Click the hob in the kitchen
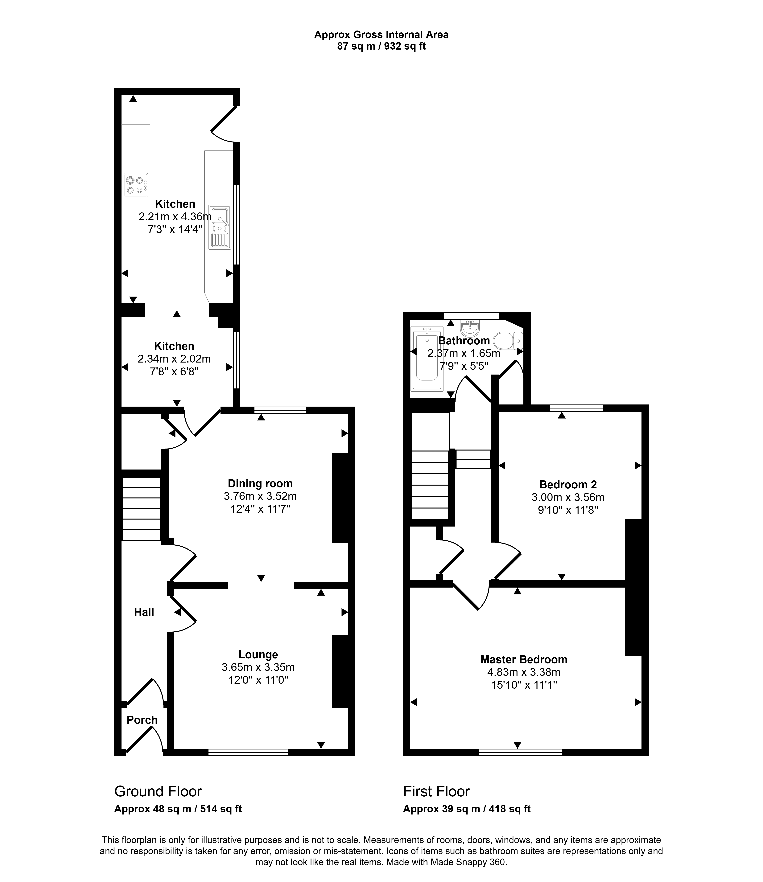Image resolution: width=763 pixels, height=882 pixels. click(136, 185)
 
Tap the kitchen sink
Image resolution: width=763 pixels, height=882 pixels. click(220, 227)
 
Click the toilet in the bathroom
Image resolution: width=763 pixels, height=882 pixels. click(508, 341)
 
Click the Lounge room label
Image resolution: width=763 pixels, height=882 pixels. click(258, 655)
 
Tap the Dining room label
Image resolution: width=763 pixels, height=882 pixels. click(260, 484)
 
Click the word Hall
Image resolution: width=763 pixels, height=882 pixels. click(144, 612)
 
